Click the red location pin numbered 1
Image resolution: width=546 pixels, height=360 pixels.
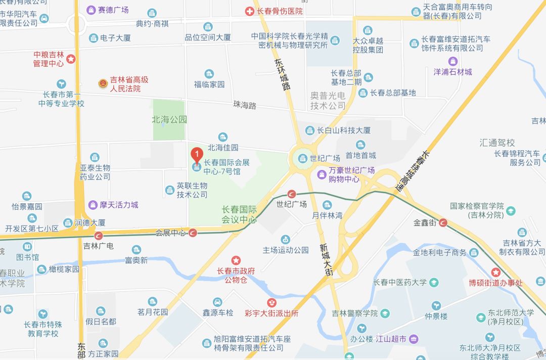[x=197, y=154]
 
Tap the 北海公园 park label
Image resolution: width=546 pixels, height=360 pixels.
[x=169, y=120]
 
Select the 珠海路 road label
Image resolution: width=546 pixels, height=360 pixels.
[x=245, y=105]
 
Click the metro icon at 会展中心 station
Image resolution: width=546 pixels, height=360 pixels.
[x=193, y=233]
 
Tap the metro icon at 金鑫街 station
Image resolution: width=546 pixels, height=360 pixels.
[x=443, y=222]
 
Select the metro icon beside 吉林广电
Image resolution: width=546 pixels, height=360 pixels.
[x=99, y=235]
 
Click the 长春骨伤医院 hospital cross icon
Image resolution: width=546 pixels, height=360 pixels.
[x=249, y=11]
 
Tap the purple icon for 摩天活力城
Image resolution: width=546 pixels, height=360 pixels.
[x=93, y=205]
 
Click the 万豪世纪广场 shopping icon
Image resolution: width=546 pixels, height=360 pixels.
[x=321, y=174]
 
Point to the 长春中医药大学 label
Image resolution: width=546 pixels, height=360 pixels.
[x=399, y=282]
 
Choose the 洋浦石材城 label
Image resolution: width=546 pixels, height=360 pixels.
[x=453, y=72]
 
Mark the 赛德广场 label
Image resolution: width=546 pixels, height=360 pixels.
[x=113, y=10]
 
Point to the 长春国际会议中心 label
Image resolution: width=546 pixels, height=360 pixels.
[x=239, y=214]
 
